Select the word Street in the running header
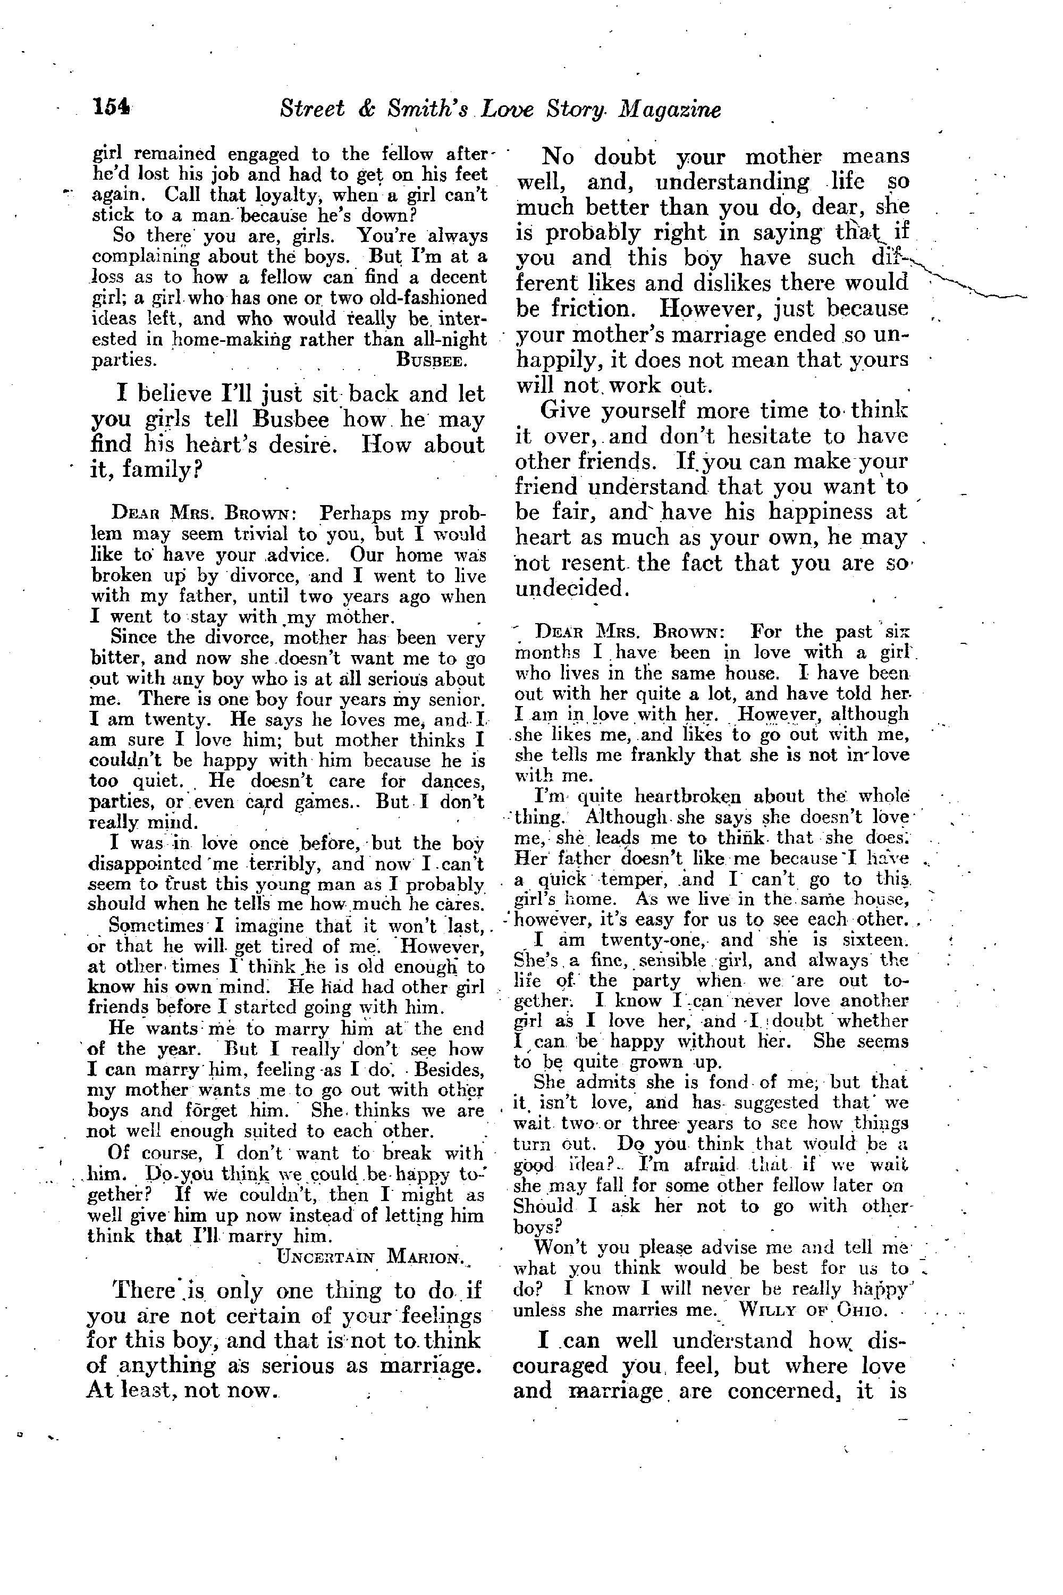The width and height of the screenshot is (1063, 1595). pos(312,109)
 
